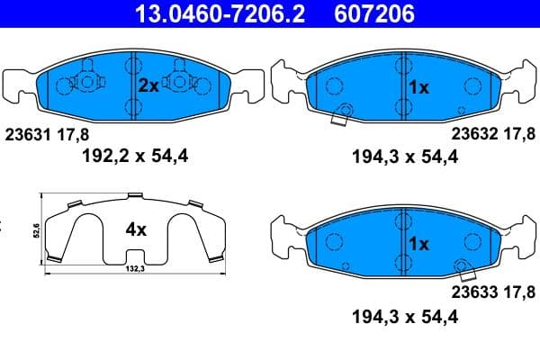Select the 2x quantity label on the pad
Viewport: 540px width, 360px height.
149,86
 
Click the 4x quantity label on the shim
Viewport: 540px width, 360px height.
135,229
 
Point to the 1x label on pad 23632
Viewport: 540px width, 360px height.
418,87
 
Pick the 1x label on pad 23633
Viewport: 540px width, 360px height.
418,243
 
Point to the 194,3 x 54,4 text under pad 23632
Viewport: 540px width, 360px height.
402,158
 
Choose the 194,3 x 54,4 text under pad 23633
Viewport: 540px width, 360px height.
402,316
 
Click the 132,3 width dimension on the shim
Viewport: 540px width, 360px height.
136,267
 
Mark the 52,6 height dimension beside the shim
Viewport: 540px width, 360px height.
36,229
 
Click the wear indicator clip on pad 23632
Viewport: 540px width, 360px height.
342,115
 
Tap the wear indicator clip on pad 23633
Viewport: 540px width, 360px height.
464,268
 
